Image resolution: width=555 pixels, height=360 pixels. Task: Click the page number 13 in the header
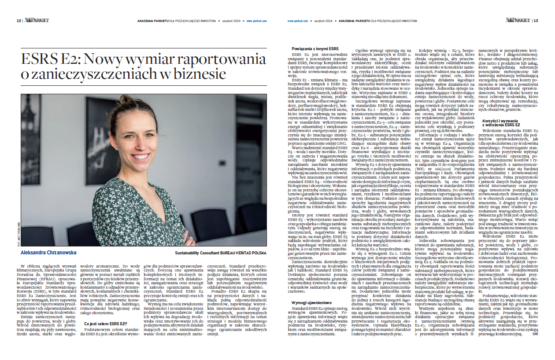[535, 20]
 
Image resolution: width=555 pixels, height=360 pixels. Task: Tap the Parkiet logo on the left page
[37, 20]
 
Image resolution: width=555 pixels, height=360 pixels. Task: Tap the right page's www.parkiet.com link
[298, 20]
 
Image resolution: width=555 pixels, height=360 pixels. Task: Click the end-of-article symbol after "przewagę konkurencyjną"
[535, 347]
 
